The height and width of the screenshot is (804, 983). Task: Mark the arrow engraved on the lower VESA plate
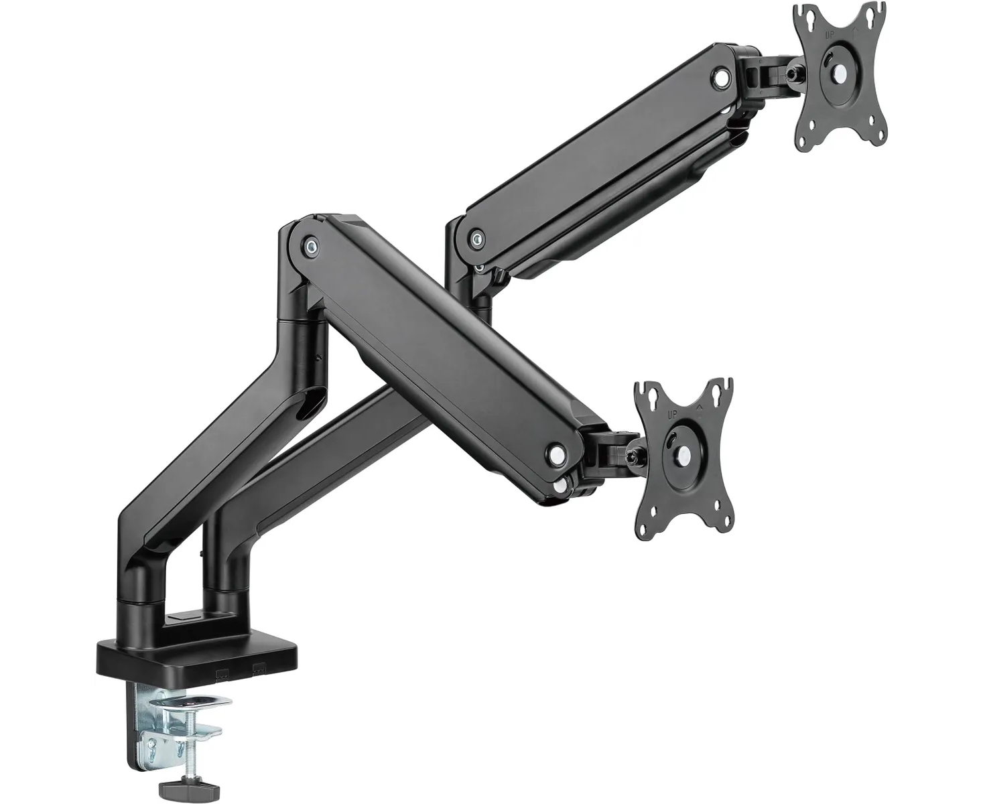pyautogui.click(x=700, y=407)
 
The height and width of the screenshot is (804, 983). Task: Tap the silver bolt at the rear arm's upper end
pyautogui.click(x=722, y=78)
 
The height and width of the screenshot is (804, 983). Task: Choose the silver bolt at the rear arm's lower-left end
pyautogui.click(x=476, y=237)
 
